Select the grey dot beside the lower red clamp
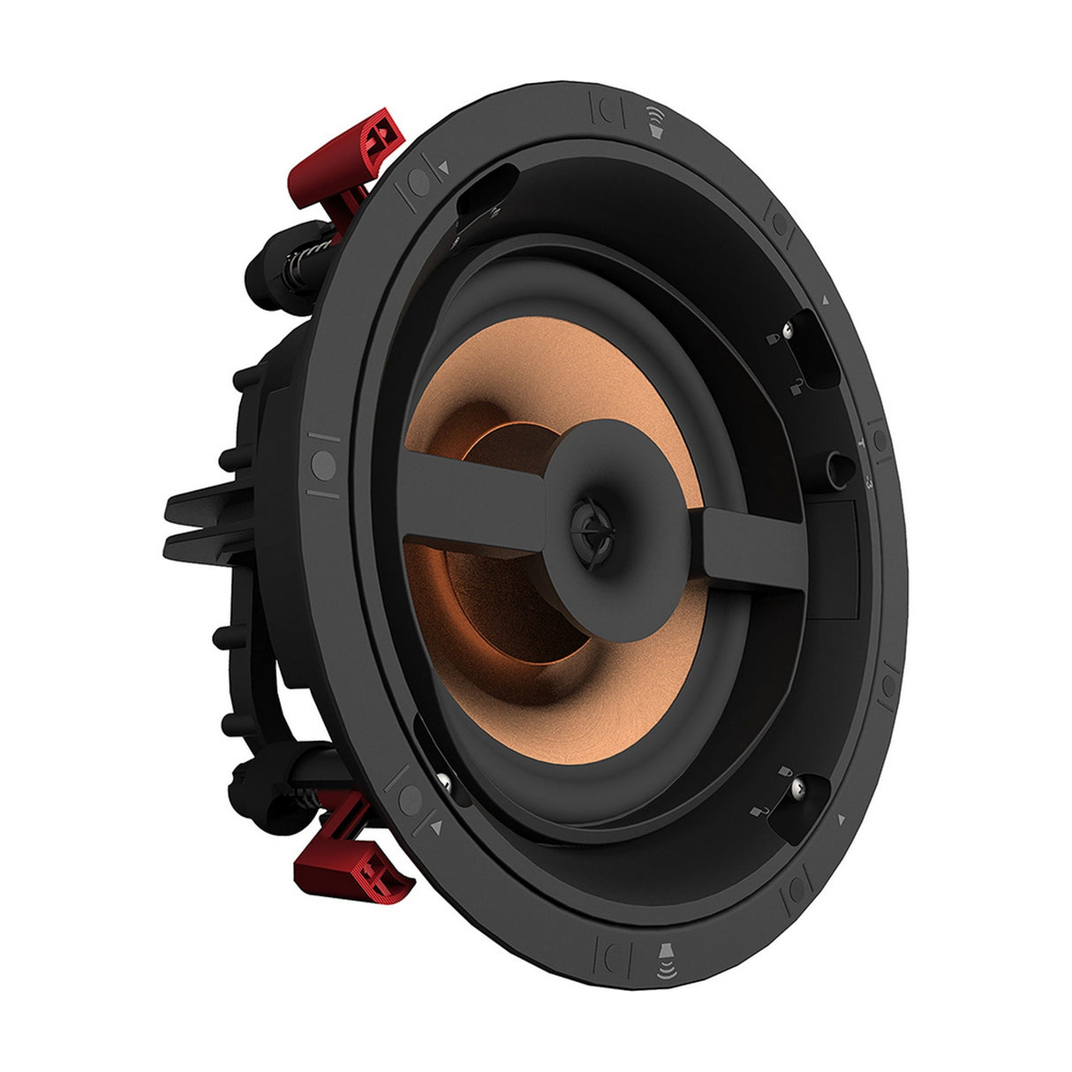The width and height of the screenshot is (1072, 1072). tap(410, 800)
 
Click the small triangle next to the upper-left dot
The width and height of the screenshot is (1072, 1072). tap(443, 165)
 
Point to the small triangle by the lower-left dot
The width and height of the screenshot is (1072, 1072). tap(436, 827)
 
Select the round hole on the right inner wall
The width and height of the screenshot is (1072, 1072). tap(835, 463)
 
